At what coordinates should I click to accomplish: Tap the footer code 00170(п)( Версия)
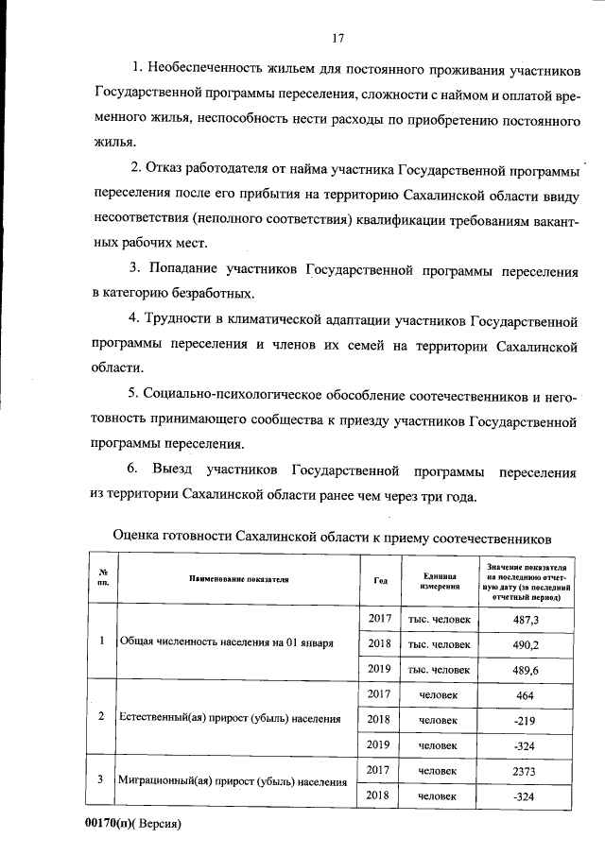click(133, 823)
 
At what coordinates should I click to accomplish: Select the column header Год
click(380, 580)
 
